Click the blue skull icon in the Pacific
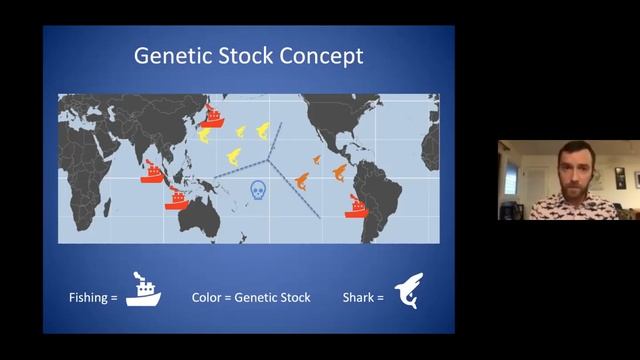[x=258, y=189]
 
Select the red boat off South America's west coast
[x=357, y=207]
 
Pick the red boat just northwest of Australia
[x=177, y=195]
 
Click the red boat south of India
[x=152, y=170]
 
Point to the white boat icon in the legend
[x=143, y=291]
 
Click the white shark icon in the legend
[x=408, y=291]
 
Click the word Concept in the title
[x=321, y=55]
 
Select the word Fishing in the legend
[x=89, y=297]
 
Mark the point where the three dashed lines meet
[x=268, y=158]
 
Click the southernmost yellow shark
[x=232, y=156]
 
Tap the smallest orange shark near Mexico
[x=317, y=159]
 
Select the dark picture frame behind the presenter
[x=621, y=179]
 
